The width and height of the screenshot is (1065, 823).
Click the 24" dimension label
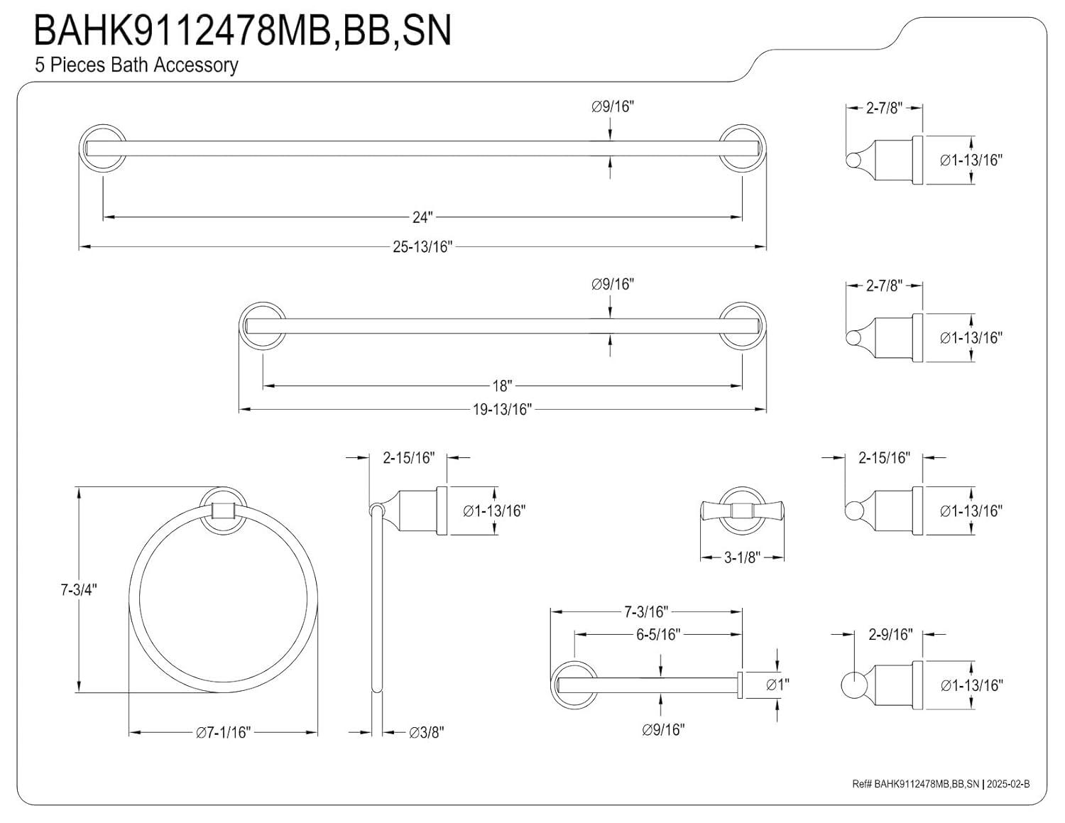click(422, 217)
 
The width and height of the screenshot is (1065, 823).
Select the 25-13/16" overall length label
click(422, 247)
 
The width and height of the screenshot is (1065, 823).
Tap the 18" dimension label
click(502, 386)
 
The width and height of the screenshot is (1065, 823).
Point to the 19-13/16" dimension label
click(502, 410)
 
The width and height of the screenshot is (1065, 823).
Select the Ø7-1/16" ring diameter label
click(224, 732)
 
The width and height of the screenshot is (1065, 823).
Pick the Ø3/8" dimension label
click(426, 732)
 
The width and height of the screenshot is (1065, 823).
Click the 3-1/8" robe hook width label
click(742, 557)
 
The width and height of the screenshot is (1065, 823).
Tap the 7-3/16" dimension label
click(646, 611)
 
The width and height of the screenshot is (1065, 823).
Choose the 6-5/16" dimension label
click(658, 634)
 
